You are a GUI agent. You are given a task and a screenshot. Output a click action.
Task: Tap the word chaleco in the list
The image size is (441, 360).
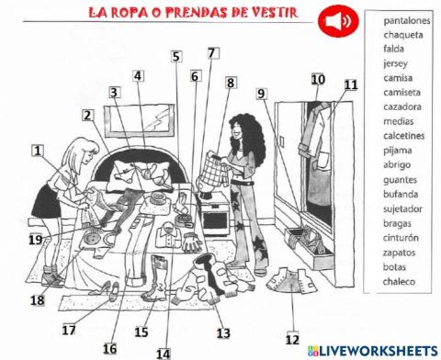click(x=400, y=281)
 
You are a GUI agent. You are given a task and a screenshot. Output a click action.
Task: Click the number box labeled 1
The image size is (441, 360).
click(x=38, y=151)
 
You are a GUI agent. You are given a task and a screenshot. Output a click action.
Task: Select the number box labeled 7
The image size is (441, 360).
click(x=213, y=53)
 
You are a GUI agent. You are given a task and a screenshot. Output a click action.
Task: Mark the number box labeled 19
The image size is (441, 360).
click(x=35, y=241)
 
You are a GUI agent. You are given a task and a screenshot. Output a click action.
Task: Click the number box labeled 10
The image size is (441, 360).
click(x=318, y=80)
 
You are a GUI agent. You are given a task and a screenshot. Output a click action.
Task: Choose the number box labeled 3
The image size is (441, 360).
click(x=115, y=93)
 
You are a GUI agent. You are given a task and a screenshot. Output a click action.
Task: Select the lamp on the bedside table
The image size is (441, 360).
click(x=212, y=174)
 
